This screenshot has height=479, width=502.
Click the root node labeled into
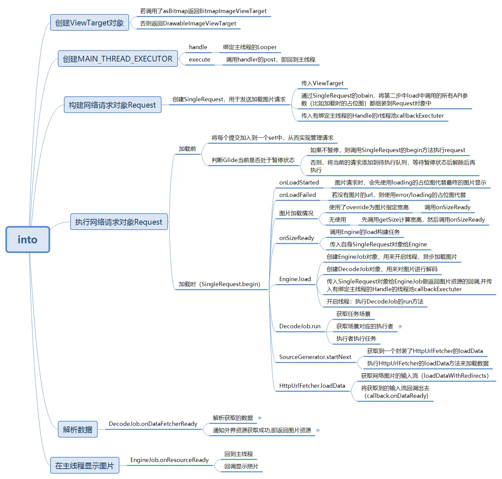coord(28,239)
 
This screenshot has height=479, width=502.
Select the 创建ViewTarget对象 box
coord(90,22)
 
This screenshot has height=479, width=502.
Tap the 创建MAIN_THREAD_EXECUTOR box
coord(118,58)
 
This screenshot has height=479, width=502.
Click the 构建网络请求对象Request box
coord(112,105)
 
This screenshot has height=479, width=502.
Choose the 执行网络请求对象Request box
coord(119,222)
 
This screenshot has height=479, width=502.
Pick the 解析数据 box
coord(78,429)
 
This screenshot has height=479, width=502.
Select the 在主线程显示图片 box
coord(85,465)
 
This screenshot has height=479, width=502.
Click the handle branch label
coord(198,47)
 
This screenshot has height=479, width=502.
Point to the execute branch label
coord(200,59)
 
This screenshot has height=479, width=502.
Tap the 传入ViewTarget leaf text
coord(322,83)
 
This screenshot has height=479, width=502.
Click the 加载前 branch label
coord(187,149)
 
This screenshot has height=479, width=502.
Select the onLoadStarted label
coord(299,183)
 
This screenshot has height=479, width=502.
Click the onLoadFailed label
coord(297,195)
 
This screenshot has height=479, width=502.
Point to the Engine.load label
coord(295,279)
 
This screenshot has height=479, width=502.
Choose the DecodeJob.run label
coord(300,326)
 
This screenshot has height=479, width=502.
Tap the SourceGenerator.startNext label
coord(315,357)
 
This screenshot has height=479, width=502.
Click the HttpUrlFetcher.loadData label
coord(312,386)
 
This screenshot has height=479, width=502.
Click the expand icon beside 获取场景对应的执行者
coord(400,326)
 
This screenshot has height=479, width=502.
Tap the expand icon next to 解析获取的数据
coord(260,418)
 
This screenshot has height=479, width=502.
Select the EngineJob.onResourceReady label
coord(170,460)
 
